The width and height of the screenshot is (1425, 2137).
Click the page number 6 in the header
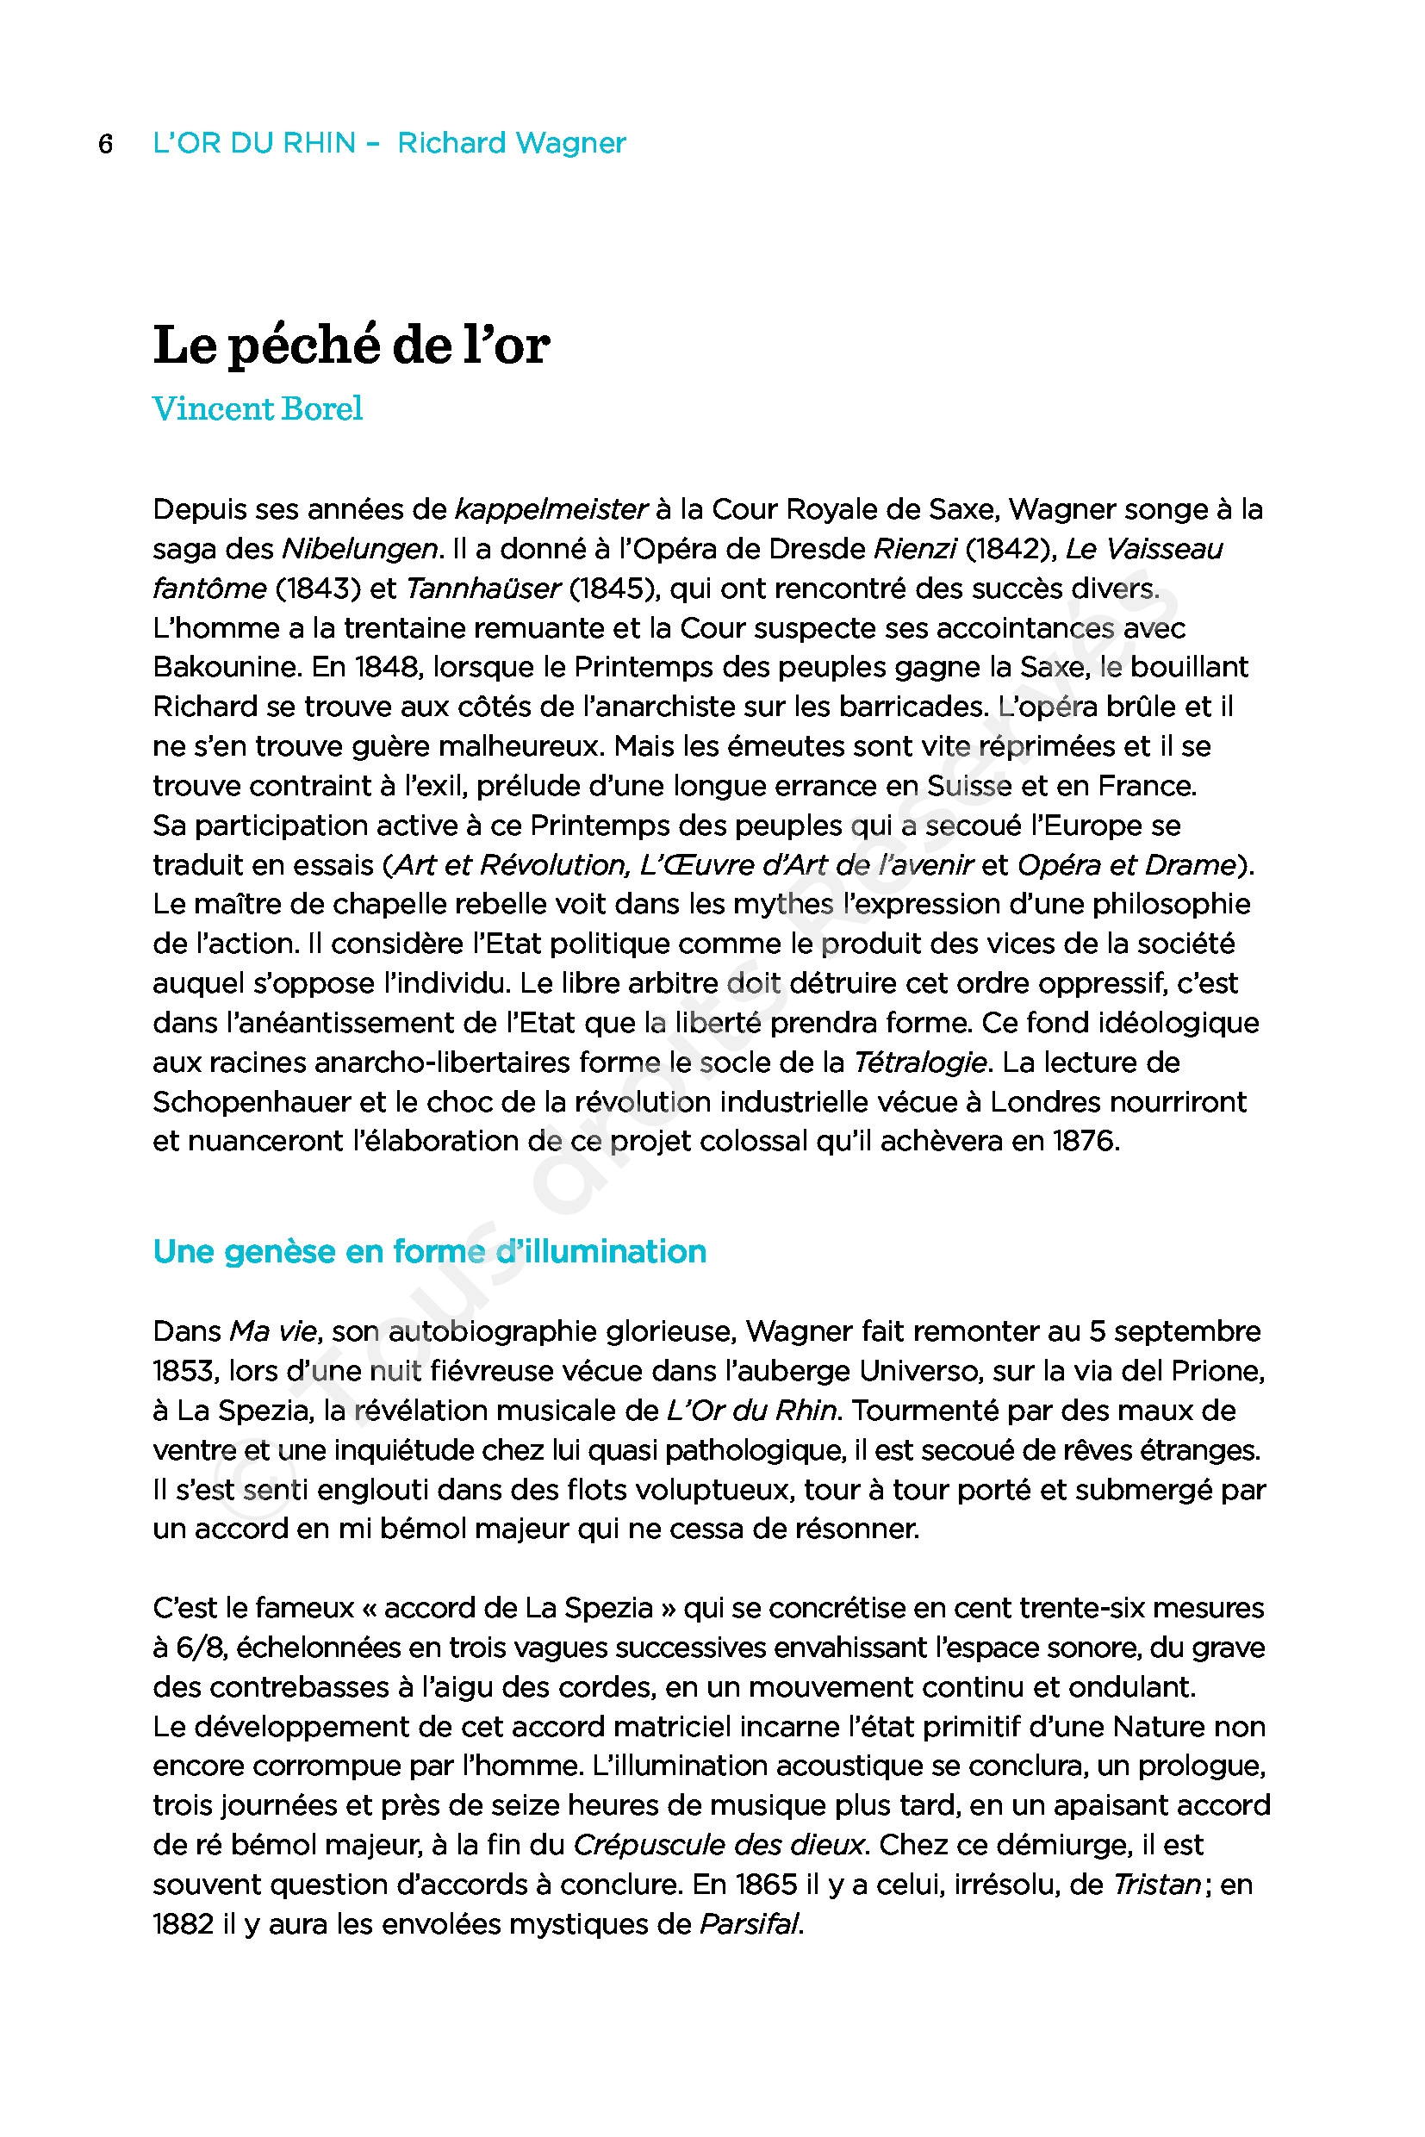pos(105,144)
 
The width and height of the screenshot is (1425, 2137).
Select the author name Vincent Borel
pos(258,408)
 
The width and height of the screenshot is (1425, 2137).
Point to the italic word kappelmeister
pos(550,509)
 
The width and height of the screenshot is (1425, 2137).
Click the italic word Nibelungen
pos(360,549)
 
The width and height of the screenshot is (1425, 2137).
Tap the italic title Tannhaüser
pos(482,589)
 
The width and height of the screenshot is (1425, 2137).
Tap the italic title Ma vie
pos(272,1331)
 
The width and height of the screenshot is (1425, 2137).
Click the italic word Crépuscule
pos(650,1844)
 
